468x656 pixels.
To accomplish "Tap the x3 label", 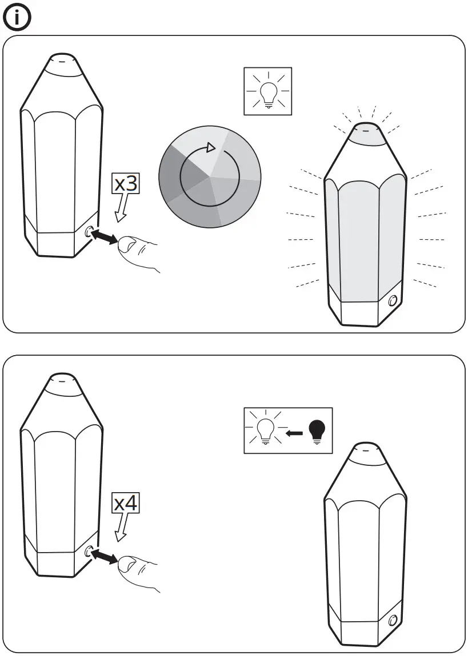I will coord(126,184).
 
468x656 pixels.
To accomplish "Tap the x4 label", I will coord(126,504).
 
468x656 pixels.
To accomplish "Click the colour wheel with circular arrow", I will coord(210,178).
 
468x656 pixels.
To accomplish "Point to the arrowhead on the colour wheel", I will coord(211,148).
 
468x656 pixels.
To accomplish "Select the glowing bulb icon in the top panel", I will coord(267,91).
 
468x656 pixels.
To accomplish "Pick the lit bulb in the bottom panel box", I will coord(264,432).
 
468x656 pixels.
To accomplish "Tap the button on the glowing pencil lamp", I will coord(393,301).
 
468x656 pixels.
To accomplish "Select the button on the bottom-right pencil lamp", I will coord(393,621).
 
